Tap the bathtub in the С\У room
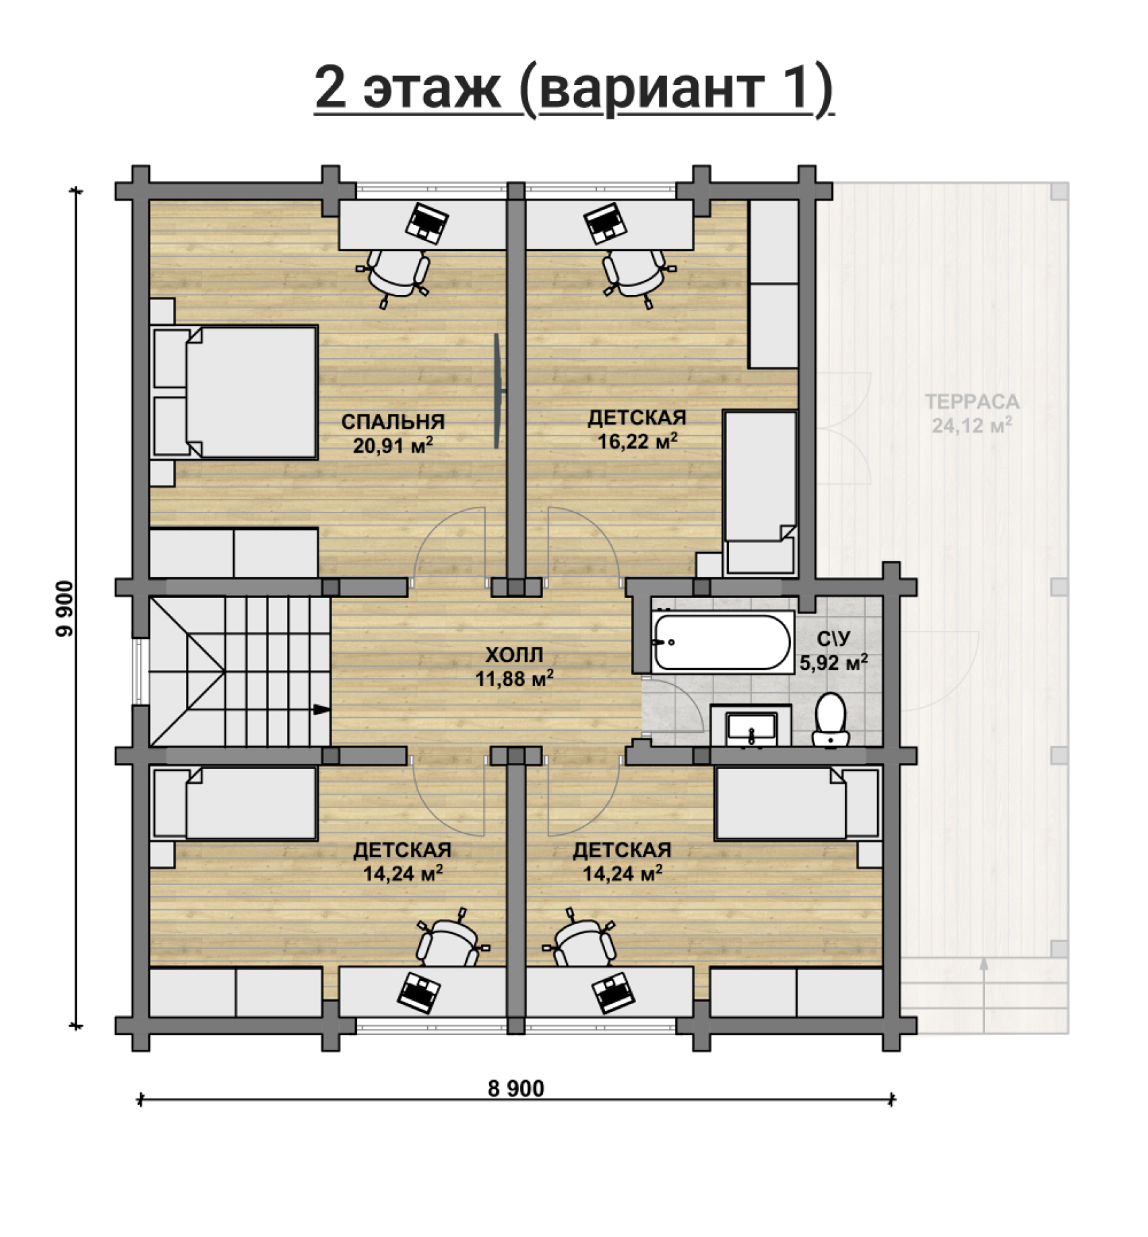click(x=722, y=642)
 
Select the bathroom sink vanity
click(x=751, y=725)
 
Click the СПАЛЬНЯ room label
click(x=393, y=422)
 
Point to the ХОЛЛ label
click(x=514, y=655)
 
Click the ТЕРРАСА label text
click(x=972, y=402)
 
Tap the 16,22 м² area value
click(x=637, y=441)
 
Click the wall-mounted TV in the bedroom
click(x=497, y=391)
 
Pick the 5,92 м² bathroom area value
click(x=833, y=663)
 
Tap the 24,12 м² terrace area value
click(x=972, y=426)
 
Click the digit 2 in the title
click(x=331, y=88)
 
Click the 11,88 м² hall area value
click(x=515, y=679)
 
